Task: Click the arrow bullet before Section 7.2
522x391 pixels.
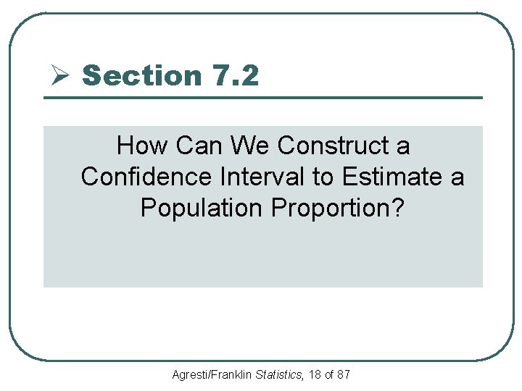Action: pyautogui.click(x=59, y=75)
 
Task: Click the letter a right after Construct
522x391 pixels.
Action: pyautogui.click(x=403, y=147)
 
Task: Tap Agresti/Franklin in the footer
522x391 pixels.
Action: pyautogui.click(x=212, y=375)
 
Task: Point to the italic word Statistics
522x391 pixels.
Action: pyautogui.click(x=279, y=375)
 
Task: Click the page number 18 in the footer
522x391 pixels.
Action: pyautogui.click(x=314, y=375)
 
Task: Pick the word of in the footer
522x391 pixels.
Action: pyautogui.click(x=329, y=375)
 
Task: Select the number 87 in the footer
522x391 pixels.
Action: pyautogui.click(x=344, y=375)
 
